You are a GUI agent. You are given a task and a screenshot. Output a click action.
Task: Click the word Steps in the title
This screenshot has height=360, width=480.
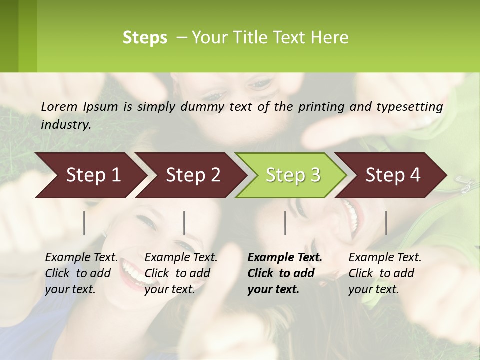145,38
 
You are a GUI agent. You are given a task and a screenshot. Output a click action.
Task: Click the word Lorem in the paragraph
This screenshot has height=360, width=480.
59,106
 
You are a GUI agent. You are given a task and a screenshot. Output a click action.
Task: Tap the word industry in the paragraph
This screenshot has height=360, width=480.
65,124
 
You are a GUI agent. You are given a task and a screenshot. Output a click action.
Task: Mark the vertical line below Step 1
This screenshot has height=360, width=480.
84,223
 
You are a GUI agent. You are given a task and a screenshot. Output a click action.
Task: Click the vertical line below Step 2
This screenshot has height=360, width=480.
184,223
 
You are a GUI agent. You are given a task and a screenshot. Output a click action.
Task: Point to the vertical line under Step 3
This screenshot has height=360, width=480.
285,223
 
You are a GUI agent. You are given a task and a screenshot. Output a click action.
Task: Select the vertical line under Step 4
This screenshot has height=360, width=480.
386,223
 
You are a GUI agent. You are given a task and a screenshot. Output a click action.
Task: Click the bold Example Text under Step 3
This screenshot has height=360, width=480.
285,258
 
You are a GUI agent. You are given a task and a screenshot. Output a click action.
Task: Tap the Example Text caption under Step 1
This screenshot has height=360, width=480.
81,258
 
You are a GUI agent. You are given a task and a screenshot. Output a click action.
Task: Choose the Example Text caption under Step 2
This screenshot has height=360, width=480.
181,258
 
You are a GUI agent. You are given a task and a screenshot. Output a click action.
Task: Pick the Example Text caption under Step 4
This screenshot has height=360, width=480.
385,258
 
